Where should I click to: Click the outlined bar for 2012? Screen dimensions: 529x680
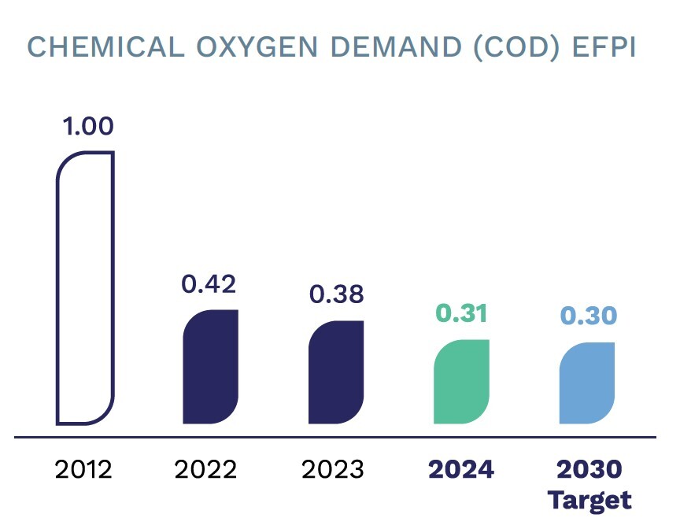85,287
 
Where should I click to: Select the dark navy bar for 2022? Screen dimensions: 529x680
210,367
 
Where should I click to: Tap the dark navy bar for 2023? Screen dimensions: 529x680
336,372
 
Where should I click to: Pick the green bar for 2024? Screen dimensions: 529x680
461,382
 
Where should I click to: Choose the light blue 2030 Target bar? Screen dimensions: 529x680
587,383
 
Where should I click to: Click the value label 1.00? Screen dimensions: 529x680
88,126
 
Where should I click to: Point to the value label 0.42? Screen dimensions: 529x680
209,284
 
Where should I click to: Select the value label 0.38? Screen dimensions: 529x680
336,294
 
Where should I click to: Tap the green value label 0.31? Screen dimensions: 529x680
461,313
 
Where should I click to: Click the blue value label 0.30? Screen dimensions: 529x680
588,316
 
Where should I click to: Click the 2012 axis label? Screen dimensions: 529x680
83,470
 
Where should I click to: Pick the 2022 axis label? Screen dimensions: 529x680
205,470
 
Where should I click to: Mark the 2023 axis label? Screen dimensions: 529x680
333,470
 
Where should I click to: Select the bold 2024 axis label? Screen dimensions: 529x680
460,470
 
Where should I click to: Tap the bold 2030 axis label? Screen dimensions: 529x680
589,470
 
